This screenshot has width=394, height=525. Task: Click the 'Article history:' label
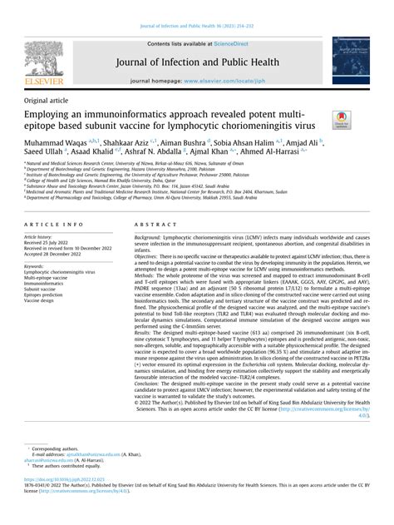(46, 237)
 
